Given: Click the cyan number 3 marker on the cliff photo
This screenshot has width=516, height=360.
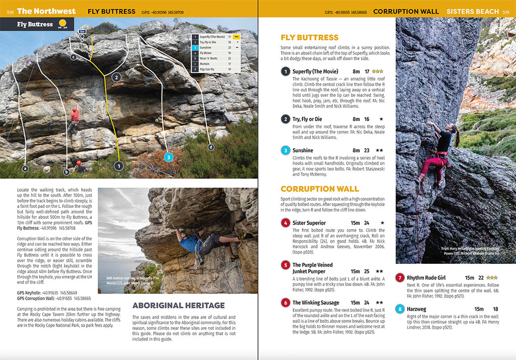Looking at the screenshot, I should [x=169, y=157].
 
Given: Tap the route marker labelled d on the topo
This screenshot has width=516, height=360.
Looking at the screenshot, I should [x=211, y=147].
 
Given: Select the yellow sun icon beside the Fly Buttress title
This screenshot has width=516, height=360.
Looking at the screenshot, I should [x=63, y=24].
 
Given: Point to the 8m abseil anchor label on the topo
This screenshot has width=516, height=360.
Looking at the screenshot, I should [x=82, y=32].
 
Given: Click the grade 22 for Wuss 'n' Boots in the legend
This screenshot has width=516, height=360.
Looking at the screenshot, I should [x=229, y=58].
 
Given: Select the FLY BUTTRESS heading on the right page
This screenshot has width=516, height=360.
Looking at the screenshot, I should [x=309, y=37].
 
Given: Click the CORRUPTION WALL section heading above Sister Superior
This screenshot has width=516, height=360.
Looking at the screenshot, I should [x=319, y=189].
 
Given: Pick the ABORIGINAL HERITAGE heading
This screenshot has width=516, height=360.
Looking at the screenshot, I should [x=178, y=305].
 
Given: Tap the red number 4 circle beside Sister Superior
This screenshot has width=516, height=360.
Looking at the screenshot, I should [x=286, y=223].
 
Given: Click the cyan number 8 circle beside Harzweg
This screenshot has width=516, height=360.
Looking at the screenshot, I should [x=400, y=309].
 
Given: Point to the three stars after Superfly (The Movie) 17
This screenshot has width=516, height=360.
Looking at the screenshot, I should [x=377, y=71].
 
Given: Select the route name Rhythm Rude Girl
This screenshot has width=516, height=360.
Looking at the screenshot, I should [x=426, y=277].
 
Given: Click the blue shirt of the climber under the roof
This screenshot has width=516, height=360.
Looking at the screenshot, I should [x=189, y=243].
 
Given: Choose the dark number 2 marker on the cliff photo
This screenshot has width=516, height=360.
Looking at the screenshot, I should [x=117, y=77].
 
